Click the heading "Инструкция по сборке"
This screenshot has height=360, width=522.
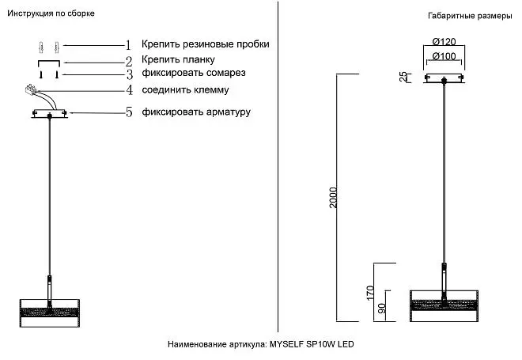[x=51, y=13]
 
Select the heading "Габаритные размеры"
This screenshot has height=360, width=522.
[x=470, y=16]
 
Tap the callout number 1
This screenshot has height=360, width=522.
[x=128, y=45]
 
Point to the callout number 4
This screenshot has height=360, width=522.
[x=129, y=90]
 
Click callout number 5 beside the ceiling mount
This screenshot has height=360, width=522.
[x=129, y=112]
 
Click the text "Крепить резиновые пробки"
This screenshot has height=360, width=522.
[x=206, y=44]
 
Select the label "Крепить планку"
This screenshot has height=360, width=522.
[x=178, y=59]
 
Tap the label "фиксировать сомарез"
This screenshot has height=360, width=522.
[x=194, y=73]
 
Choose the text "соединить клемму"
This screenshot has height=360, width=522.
[x=185, y=90]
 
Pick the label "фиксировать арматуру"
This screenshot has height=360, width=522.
[x=196, y=112]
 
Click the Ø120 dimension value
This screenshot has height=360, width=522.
[x=444, y=42]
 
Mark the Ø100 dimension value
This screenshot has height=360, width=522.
[x=444, y=56]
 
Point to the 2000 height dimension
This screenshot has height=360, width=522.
[x=333, y=198]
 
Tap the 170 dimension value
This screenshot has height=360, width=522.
[x=370, y=293]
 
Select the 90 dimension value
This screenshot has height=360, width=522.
[x=382, y=308]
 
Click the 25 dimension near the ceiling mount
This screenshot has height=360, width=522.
[x=403, y=77]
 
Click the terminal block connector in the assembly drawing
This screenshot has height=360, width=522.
[x=31, y=89]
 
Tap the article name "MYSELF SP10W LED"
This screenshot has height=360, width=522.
[x=312, y=344]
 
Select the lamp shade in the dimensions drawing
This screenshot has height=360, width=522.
[x=444, y=305]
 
